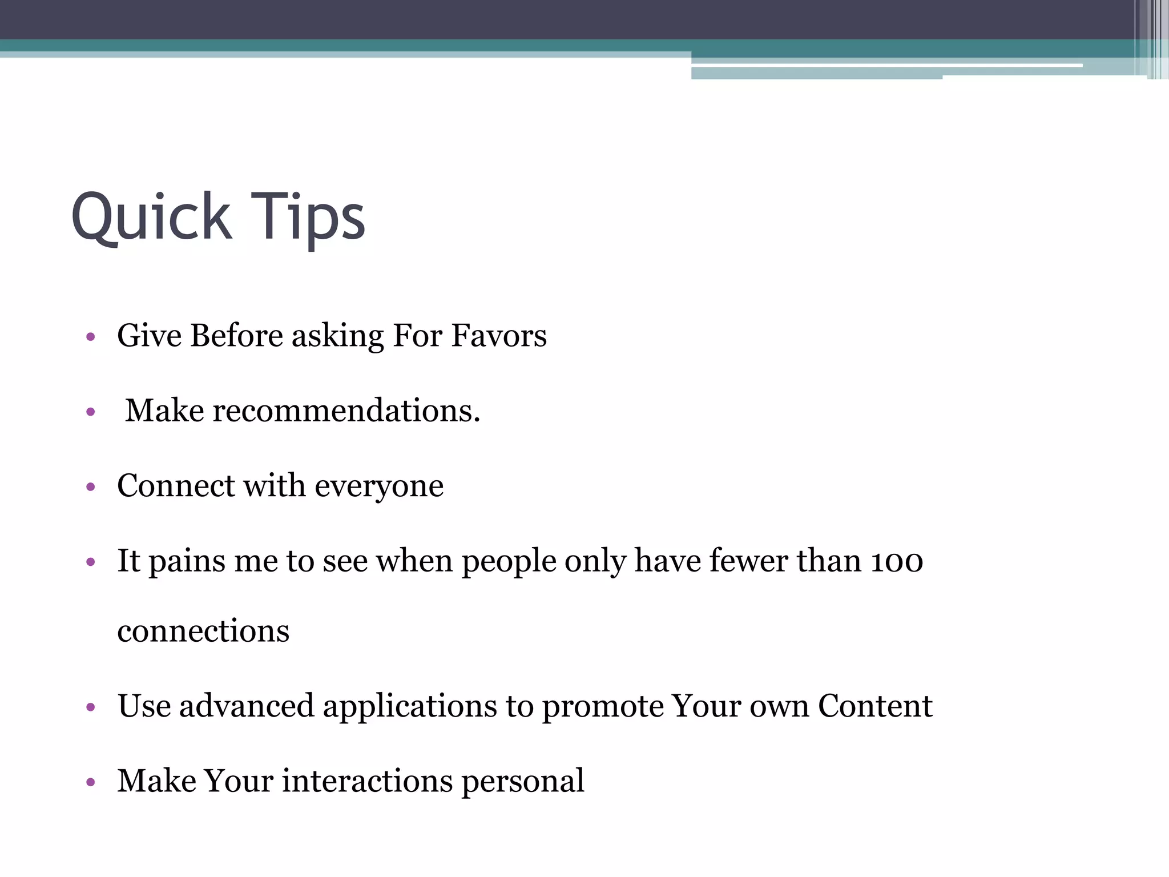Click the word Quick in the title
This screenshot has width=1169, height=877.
(x=151, y=217)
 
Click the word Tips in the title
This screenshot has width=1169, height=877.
(x=308, y=217)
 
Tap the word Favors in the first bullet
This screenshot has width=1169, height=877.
(x=499, y=335)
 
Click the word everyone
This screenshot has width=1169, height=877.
(x=379, y=486)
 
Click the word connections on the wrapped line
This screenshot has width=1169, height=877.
(x=203, y=631)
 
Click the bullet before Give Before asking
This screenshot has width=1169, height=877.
(x=90, y=337)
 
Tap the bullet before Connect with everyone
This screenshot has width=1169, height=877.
(x=90, y=488)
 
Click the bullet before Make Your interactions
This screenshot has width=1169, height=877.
(x=90, y=783)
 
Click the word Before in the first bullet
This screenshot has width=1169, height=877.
(x=236, y=335)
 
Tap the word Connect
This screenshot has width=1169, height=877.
(x=176, y=486)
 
